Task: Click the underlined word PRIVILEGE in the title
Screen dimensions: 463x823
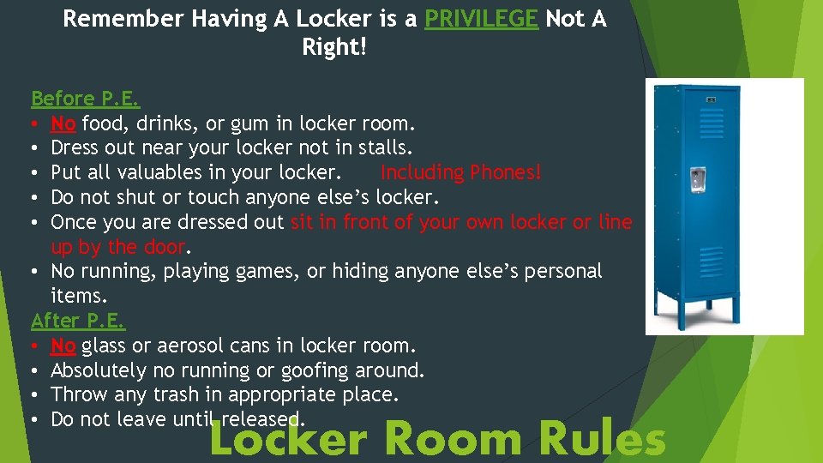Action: coord(482,19)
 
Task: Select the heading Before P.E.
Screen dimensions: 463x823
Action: coord(85,99)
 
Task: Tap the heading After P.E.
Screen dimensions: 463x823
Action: coord(78,322)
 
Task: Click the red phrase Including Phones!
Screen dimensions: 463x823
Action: coord(461,172)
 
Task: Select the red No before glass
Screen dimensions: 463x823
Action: coord(63,346)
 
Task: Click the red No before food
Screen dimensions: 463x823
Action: coord(63,123)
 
